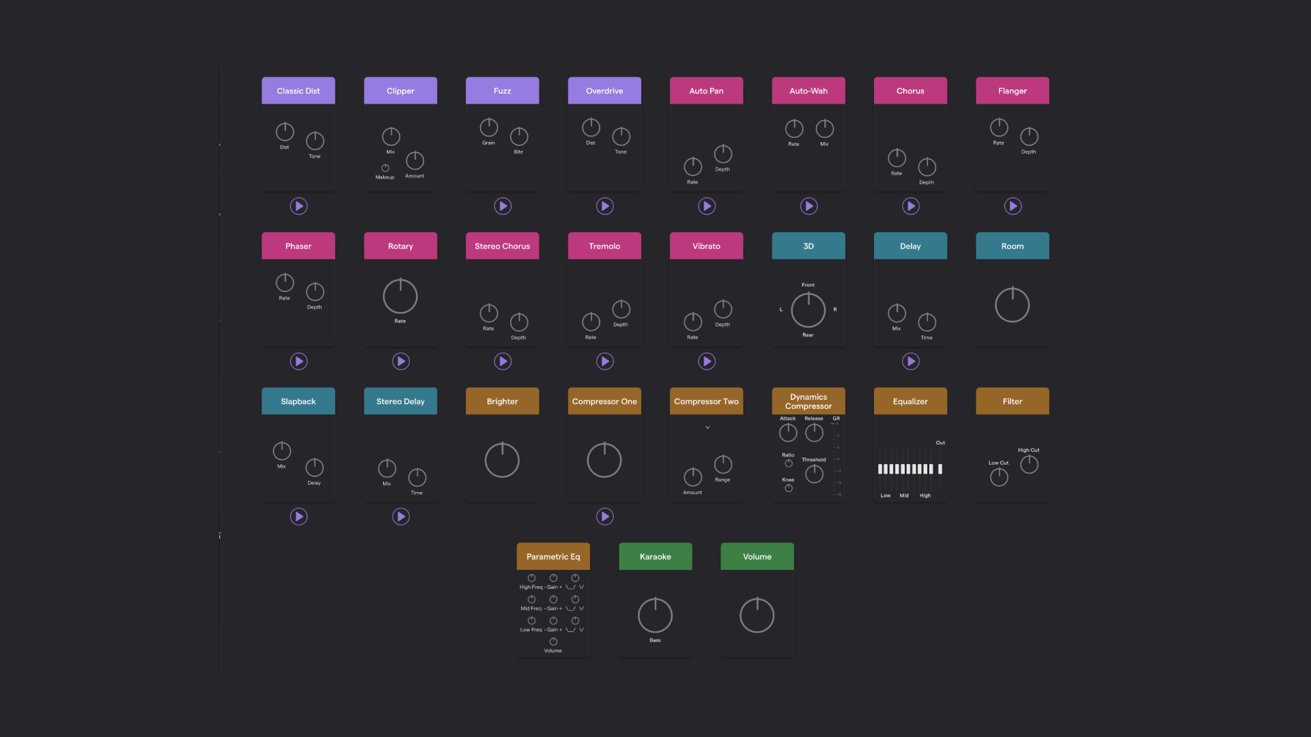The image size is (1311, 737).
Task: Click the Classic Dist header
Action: [298, 91]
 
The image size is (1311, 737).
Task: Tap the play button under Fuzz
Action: [503, 206]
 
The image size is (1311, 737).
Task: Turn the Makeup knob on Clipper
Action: [385, 168]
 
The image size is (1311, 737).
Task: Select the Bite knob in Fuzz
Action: [519, 136]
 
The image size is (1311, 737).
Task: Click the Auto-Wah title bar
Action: [808, 91]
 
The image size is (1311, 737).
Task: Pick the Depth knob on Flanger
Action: [1029, 136]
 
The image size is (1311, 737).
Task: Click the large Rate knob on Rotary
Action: [400, 296]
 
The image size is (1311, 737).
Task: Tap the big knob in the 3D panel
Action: [808, 310]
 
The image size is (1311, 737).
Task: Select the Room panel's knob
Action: [1012, 305]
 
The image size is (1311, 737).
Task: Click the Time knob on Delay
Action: [927, 322]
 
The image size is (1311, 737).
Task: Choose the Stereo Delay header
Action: [400, 401]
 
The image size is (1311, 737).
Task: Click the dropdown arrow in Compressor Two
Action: [707, 428]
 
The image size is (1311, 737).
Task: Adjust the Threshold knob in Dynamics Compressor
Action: [814, 474]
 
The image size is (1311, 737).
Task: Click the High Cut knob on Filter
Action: [1029, 465]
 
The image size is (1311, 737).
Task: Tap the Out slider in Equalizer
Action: [940, 469]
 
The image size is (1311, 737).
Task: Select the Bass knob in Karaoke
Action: [655, 616]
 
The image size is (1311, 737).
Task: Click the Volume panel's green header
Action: [757, 557]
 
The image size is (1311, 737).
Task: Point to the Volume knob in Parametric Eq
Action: [553, 641]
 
